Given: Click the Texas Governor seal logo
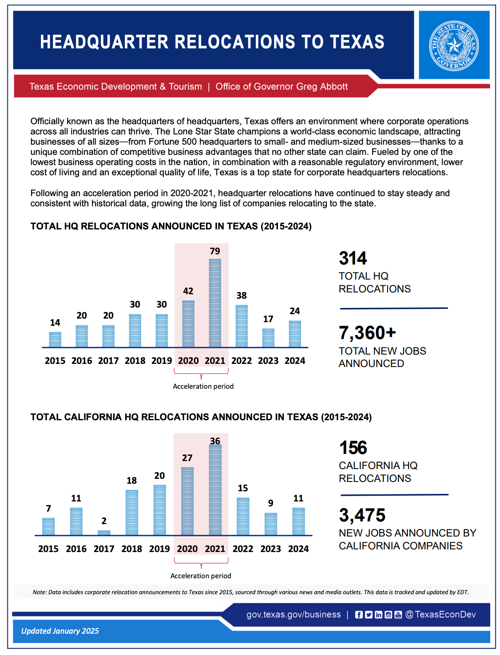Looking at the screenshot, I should coord(454,45).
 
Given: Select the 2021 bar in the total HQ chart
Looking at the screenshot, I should coord(215,303).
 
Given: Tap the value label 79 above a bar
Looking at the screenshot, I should coord(215,251).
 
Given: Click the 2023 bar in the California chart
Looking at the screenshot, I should coord(271,524).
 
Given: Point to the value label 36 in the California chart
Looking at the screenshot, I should coord(215,441).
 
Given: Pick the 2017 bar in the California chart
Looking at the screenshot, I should coord(104,533).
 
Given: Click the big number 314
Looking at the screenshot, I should coord(353,258).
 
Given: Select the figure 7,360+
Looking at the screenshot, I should coord(367,333).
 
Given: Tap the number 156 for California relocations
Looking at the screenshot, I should coord(353,448).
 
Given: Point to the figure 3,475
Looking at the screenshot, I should coord(362,515).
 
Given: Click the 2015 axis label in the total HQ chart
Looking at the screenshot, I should coord(55,361).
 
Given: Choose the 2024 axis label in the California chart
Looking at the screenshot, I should coord(298,549).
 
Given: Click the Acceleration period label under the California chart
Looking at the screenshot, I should coord(201,576).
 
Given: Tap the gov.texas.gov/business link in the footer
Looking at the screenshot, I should coord(294,615).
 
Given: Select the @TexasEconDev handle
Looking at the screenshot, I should coord(440,615).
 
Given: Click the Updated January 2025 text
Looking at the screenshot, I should coord(60,631).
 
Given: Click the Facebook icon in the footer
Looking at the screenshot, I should coord(359,615).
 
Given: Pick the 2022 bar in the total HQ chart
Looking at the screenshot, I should coord(242,326).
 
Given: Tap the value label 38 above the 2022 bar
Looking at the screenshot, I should coord(242,296).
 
